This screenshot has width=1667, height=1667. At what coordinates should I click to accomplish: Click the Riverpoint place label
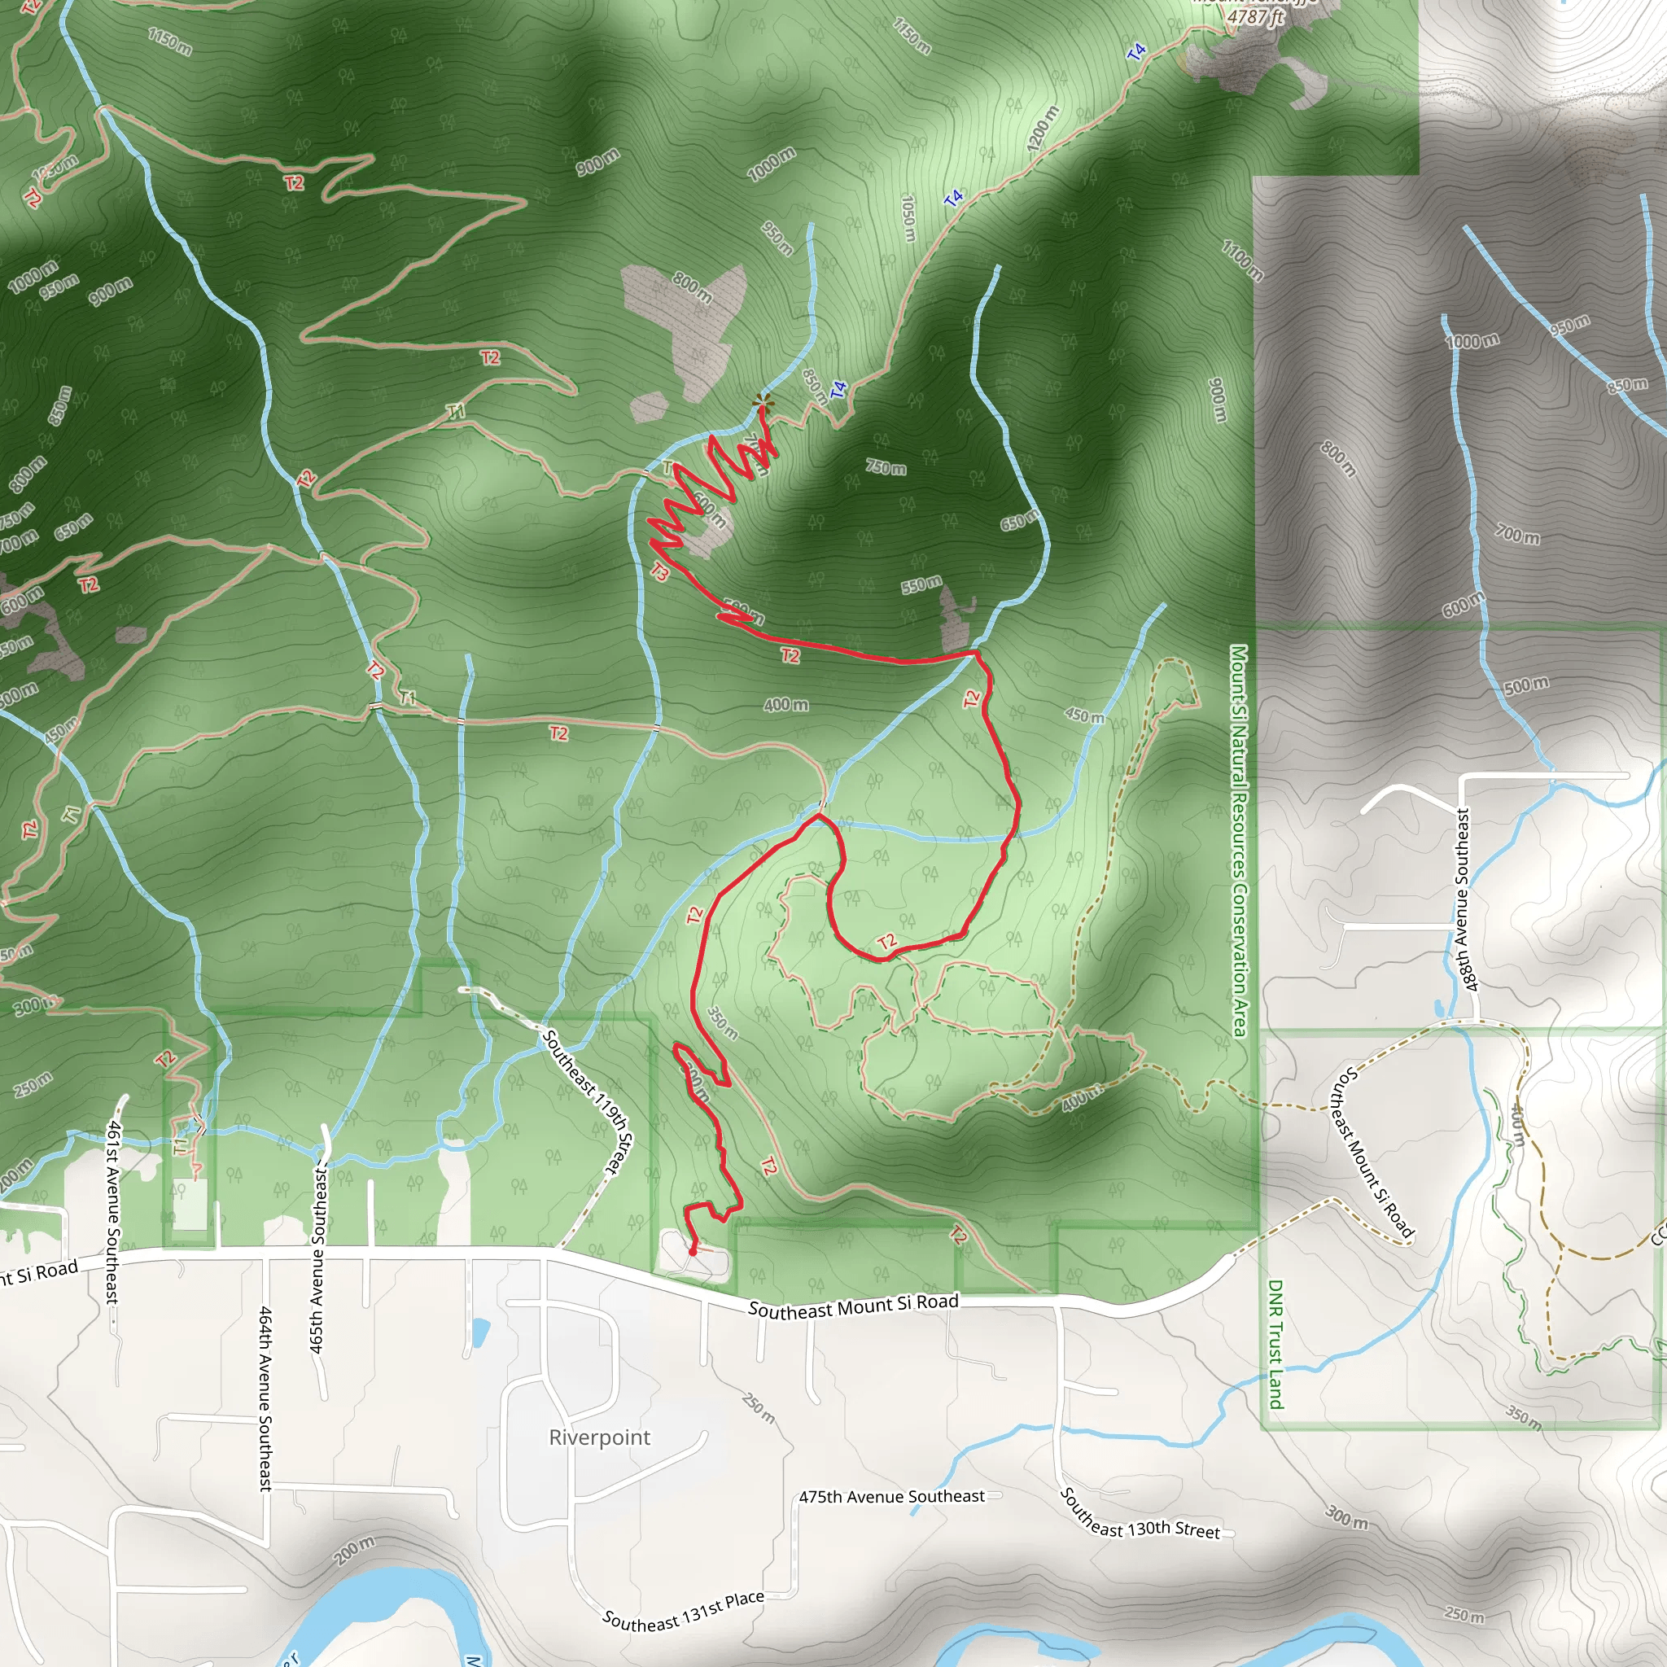click(x=599, y=1437)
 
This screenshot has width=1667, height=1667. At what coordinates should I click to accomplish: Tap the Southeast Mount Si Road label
click(x=852, y=1306)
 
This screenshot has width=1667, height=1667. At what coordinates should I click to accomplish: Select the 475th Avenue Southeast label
click(x=891, y=1496)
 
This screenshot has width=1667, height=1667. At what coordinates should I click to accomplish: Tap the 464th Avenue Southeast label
click(x=265, y=1398)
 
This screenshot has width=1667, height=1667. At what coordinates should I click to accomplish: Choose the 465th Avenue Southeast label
click(x=317, y=1259)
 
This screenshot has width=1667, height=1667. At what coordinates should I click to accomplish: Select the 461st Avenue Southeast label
click(x=113, y=1211)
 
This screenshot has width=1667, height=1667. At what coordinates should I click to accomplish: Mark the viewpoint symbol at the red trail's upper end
click(x=762, y=400)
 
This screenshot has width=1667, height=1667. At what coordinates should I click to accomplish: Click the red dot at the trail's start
click(x=692, y=1251)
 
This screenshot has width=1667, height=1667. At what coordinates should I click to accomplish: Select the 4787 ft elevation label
click(x=1255, y=16)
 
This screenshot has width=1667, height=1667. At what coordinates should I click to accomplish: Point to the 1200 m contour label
click(x=1043, y=129)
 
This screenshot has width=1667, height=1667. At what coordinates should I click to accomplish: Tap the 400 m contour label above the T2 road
click(x=785, y=705)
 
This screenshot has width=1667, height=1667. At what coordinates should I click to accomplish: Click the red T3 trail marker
click(x=660, y=571)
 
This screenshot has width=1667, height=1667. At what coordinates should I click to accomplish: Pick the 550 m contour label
click(x=921, y=585)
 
